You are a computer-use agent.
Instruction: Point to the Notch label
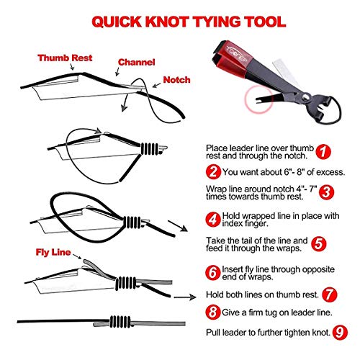click(177, 80)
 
